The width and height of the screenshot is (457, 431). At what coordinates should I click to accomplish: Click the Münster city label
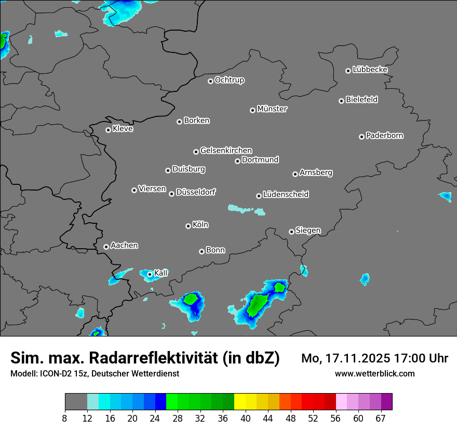(x=272, y=109)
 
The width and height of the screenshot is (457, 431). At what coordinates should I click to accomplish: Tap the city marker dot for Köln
(x=188, y=226)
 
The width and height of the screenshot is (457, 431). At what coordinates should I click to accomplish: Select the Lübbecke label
(x=370, y=70)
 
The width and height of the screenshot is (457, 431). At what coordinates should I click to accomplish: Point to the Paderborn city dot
(x=361, y=137)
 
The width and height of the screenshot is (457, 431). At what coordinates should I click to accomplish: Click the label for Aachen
(x=124, y=245)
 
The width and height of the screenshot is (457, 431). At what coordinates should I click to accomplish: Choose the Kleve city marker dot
(x=108, y=130)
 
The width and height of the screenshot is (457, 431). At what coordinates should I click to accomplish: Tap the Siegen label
(x=308, y=231)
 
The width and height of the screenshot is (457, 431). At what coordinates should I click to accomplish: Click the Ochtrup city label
(x=229, y=80)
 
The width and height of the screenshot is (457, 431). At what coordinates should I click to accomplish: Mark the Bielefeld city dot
(x=341, y=101)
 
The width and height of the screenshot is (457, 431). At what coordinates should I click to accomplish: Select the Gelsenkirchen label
(x=226, y=151)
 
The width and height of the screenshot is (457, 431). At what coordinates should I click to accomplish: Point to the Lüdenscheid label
(x=286, y=195)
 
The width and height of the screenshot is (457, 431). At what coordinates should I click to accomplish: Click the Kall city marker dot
(x=150, y=274)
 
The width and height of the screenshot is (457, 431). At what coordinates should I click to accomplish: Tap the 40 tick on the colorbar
(x=246, y=418)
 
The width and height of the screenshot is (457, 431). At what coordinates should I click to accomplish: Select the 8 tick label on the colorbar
(x=65, y=418)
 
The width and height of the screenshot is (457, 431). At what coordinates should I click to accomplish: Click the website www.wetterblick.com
(x=375, y=373)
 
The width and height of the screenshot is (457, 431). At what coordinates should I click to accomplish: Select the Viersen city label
(x=152, y=189)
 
